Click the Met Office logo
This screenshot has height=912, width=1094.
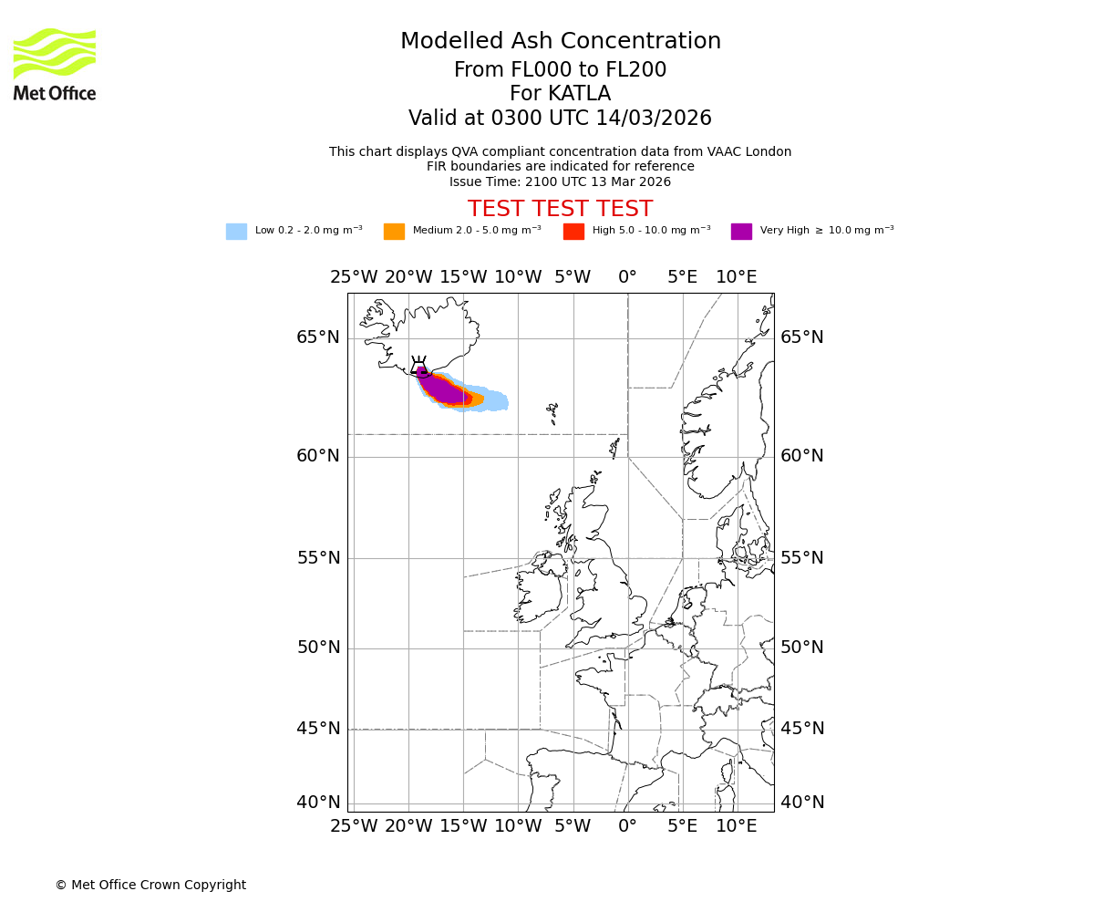click(55, 64)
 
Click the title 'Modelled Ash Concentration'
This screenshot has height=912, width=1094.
click(561, 42)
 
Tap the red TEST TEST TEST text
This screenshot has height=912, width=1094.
click(560, 210)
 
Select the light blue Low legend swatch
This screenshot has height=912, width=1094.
click(236, 232)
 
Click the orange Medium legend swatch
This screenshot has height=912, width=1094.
click(394, 232)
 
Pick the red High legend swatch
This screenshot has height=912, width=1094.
click(573, 232)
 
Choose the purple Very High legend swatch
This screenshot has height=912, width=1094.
click(741, 232)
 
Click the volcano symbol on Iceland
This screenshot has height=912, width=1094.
click(419, 367)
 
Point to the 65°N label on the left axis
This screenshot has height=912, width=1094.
click(318, 337)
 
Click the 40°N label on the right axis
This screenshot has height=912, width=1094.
click(802, 803)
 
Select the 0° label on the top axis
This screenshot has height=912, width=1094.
click(627, 277)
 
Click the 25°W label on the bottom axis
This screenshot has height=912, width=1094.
click(354, 826)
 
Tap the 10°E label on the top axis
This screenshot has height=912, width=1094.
click(737, 277)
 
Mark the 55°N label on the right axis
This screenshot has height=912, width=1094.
click(802, 558)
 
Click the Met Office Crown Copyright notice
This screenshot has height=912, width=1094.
click(150, 885)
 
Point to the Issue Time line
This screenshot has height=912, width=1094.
click(560, 181)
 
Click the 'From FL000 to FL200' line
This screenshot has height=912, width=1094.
click(560, 70)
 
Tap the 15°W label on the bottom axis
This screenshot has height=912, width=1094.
click(463, 826)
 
